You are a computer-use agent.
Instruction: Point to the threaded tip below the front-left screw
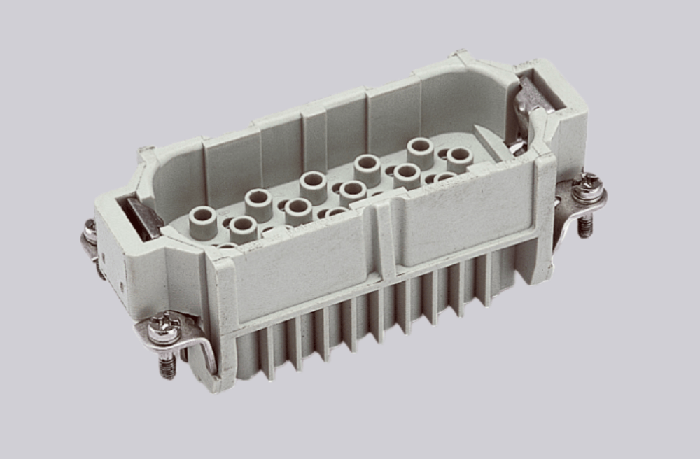[x=167, y=366]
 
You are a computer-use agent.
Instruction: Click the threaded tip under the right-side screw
[x=585, y=225]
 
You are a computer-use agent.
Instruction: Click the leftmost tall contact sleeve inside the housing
[x=203, y=223]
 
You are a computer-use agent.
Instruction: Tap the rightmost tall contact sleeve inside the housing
[x=460, y=159]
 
